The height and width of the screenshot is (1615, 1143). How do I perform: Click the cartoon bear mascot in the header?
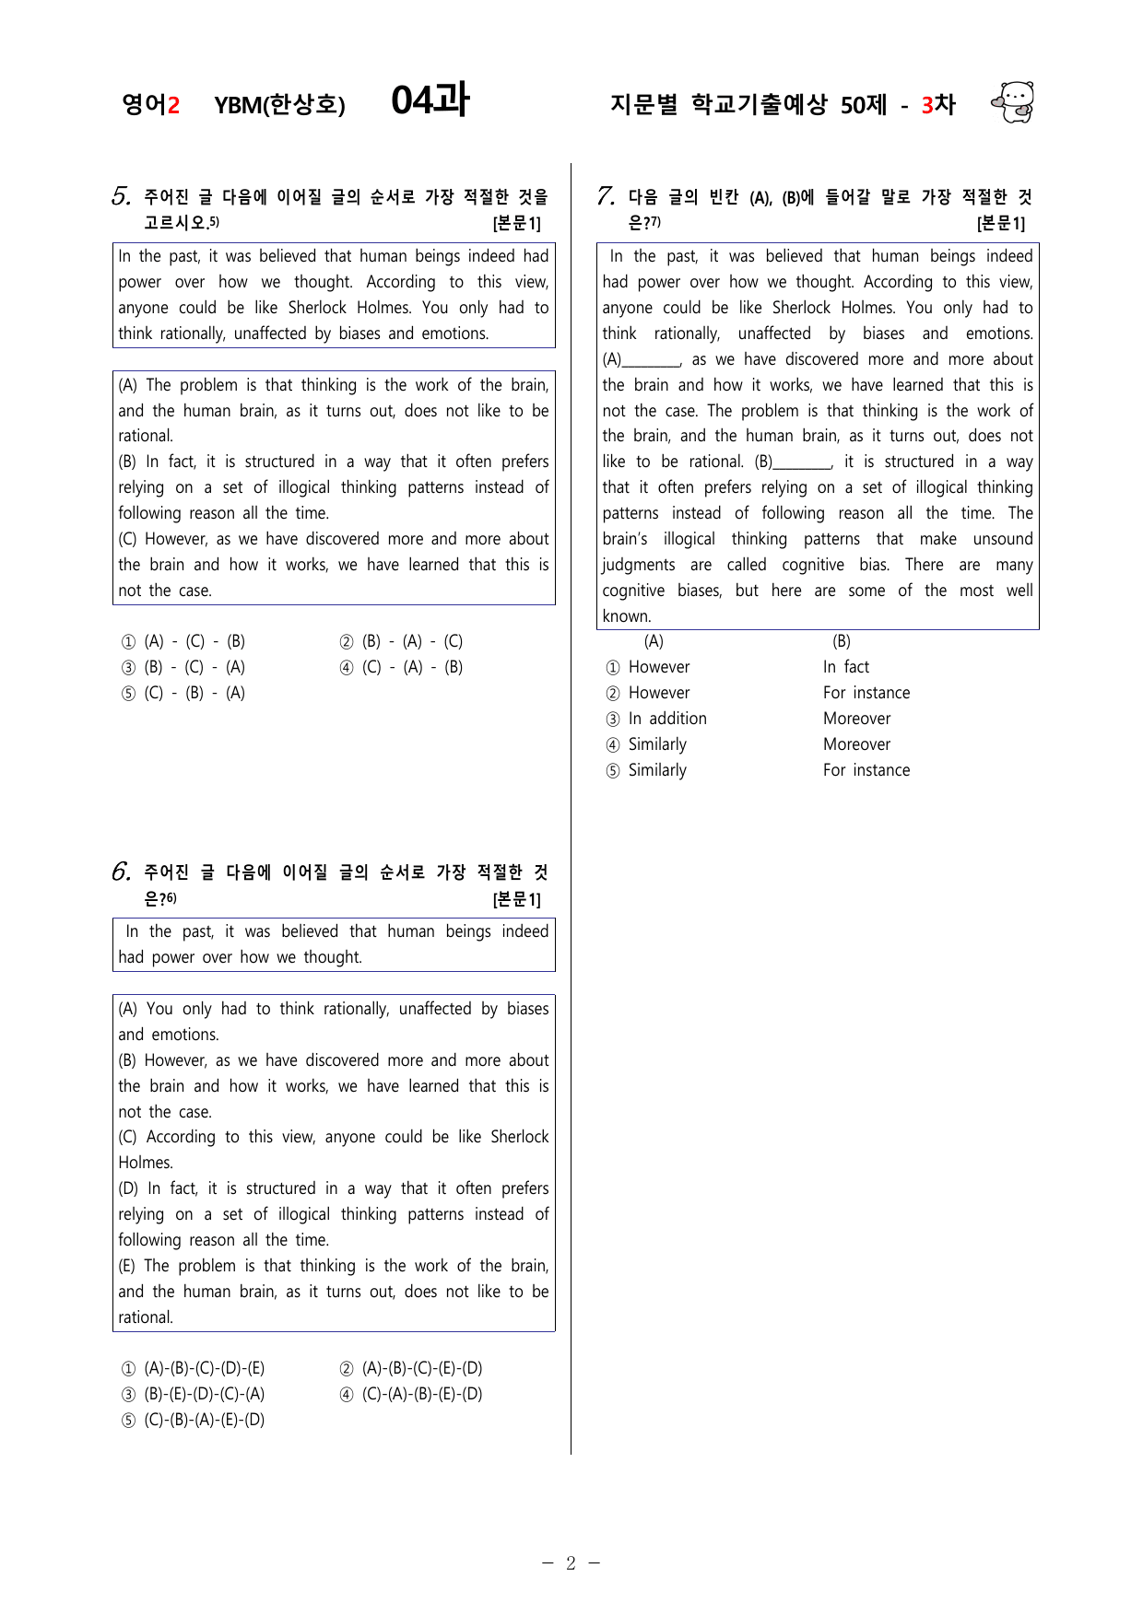pyautogui.click(x=1013, y=102)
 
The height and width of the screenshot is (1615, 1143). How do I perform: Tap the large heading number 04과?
pyautogui.click(x=430, y=100)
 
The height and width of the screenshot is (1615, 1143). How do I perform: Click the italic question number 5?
pyautogui.click(x=121, y=196)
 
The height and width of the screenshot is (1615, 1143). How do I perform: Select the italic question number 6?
pyautogui.click(x=121, y=872)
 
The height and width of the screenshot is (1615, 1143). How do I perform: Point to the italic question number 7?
pyautogui.click(x=606, y=196)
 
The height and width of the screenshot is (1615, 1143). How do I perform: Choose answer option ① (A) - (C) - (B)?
pyautogui.click(x=184, y=641)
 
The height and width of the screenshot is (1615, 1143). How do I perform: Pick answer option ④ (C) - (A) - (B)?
pyautogui.click(x=402, y=667)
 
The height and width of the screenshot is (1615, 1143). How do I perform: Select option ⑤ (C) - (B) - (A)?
pyautogui.click(x=184, y=693)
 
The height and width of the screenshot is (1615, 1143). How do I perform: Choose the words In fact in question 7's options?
pyautogui.click(x=846, y=667)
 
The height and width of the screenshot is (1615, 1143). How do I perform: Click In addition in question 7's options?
pyautogui.click(x=667, y=719)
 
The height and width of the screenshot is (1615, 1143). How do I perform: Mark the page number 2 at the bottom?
pyautogui.click(x=571, y=1562)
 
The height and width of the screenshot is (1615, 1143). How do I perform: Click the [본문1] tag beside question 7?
pyautogui.click(x=1000, y=223)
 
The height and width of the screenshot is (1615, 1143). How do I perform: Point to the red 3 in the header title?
pyautogui.click(x=926, y=105)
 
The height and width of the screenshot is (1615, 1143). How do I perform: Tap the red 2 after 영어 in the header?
pyautogui.click(x=173, y=105)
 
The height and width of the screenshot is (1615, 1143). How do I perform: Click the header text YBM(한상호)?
pyautogui.click(x=279, y=105)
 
